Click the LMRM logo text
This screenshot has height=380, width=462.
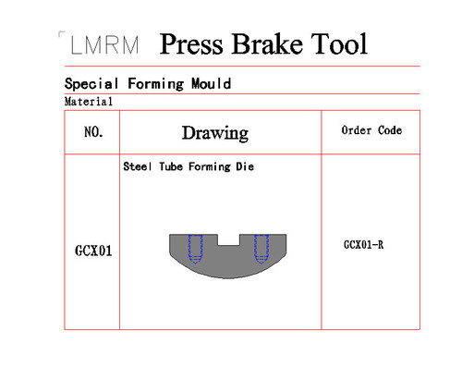104,45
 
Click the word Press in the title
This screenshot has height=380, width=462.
191,44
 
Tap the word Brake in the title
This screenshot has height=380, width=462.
267,43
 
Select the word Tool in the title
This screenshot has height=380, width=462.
339,43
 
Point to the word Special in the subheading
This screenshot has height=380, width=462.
91,84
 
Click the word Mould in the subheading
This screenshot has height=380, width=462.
211,83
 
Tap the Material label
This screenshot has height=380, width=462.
89,102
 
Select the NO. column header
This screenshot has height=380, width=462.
93,132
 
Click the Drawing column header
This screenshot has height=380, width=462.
215,133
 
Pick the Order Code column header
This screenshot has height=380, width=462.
371,130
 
